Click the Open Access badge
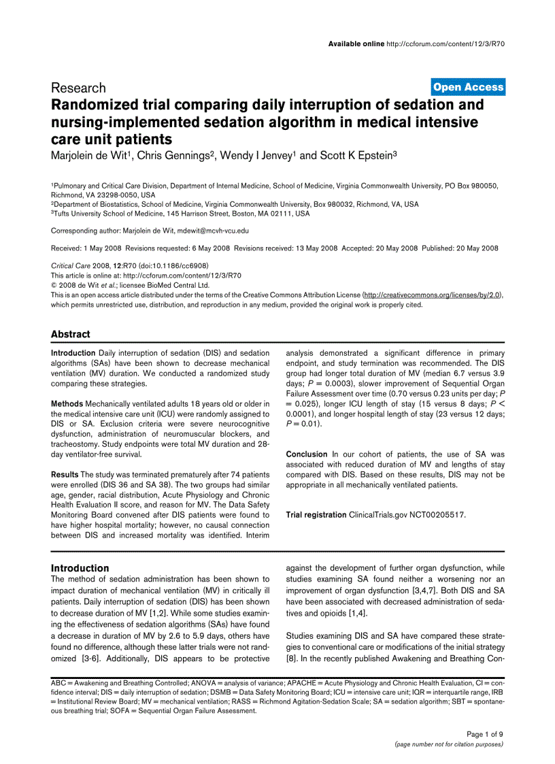[468, 86]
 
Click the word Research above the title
[78, 88]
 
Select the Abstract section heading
[70, 334]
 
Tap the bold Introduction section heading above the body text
[80, 568]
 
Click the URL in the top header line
[445, 44]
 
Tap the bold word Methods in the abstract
[67, 404]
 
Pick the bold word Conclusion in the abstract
[307, 454]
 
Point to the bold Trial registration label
[316, 515]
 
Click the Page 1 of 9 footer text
[484, 734]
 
